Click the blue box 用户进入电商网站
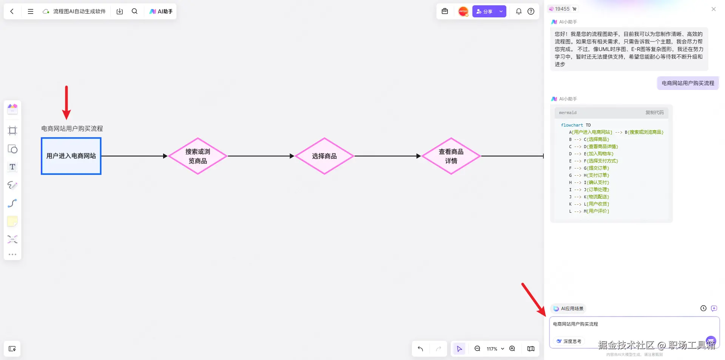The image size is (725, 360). (x=71, y=156)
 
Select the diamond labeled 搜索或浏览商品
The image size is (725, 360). (x=197, y=156)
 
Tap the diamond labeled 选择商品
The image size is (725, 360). (x=324, y=156)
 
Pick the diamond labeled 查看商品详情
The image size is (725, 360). (x=451, y=156)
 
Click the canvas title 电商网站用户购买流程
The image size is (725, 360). (x=72, y=128)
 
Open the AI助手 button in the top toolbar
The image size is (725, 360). (x=161, y=11)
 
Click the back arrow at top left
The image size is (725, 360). (x=12, y=11)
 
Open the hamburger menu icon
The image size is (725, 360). (x=31, y=11)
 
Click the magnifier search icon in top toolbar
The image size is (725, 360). (x=134, y=11)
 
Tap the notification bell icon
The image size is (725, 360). (x=519, y=11)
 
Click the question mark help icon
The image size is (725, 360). (x=531, y=11)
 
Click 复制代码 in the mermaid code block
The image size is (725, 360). (x=654, y=113)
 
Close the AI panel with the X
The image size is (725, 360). (x=713, y=9)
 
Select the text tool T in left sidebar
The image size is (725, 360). (x=12, y=167)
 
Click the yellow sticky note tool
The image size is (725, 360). (x=12, y=221)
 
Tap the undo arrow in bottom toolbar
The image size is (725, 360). (x=420, y=349)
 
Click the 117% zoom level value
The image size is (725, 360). (x=492, y=349)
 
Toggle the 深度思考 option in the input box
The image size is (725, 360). (x=569, y=341)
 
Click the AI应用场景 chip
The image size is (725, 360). (x=568, y=309)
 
